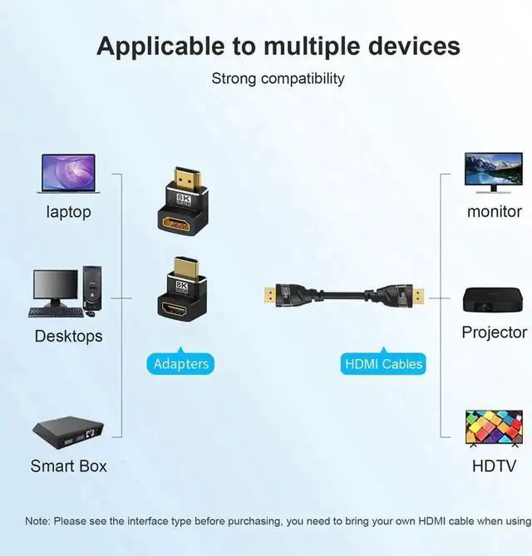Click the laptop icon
(x=68, y=175)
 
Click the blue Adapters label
(x=181, y=363)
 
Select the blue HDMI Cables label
(x=383, y=363)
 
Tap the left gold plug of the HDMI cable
(x=268, y=294)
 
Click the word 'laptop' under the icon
(x=68, y=212)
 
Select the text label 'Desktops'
(x=68, y=337)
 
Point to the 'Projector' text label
(x=494, y=332)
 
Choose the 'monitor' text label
(x=494, y=212)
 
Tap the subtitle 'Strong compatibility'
(x=278, y=79)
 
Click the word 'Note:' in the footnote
(x=37, y=521)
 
